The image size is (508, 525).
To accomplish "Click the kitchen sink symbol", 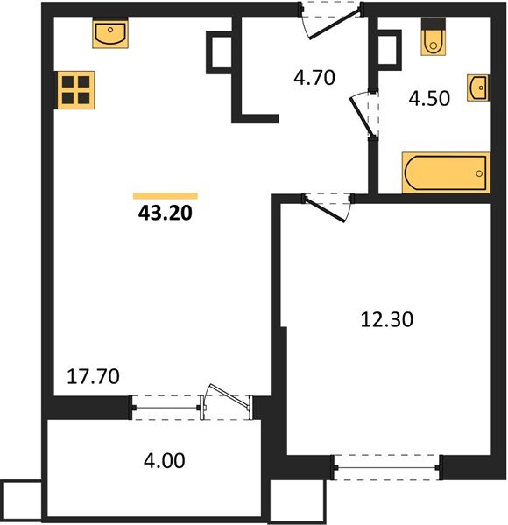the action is click(x=110, y=34).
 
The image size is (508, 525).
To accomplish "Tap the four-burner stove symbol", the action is click(x=76, y=90).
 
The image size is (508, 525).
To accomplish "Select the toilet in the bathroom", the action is click(x=434, y=37).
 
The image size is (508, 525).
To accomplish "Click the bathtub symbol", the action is click(x=446, y=172).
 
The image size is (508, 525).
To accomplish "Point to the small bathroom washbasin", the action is click(x=478, y=87).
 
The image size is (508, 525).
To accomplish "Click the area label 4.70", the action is click(x=314, y=77).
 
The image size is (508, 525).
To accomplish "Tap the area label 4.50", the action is click(x=429, y=98).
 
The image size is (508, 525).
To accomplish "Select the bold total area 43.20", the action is click(x=166, y=213).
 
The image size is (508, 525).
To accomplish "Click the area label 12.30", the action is click(x=387, y=319).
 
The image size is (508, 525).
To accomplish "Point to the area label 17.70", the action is click(x=93, y=376).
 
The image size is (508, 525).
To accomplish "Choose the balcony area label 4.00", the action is click(x=164, y=460).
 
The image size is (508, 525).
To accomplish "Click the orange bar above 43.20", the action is click(x=166, y=196).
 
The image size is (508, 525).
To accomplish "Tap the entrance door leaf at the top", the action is click(x=335, y=24).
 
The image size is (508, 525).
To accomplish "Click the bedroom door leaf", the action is click(x=325, y=210).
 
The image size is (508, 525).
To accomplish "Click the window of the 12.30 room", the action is click(x=387, y=467).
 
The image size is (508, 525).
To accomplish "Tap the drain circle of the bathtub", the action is click(x=479, y=173).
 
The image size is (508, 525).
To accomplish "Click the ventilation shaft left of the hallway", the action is click(x=220, y=52).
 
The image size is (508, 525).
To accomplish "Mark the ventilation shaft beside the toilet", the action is click(x=389, y=50).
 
